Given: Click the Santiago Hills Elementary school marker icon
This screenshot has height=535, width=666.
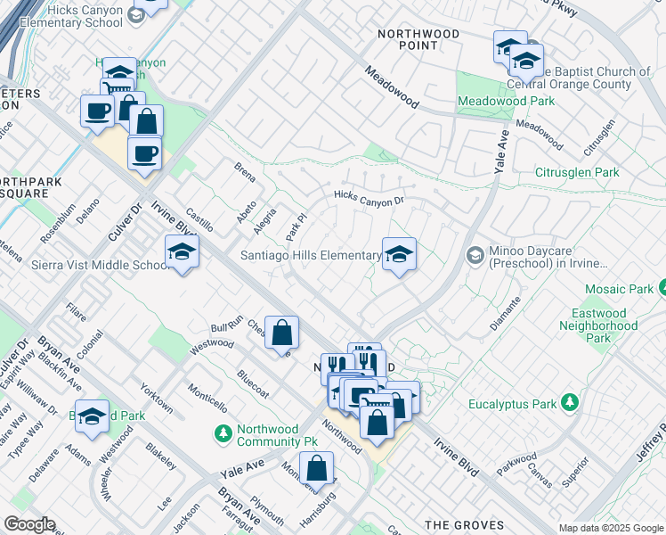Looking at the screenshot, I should click(x=399, y=254).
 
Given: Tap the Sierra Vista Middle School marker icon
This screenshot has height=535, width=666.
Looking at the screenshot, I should click(x=181, y=253).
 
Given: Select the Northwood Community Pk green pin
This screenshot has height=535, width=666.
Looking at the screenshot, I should click(x=223, y=434).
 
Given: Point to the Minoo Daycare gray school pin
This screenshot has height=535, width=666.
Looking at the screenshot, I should click(x=475, y=256).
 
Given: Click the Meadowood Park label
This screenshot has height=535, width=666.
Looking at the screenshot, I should click(x=505, y=101).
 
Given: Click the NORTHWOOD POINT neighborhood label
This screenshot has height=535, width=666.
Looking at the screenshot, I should click(x=418, y=39).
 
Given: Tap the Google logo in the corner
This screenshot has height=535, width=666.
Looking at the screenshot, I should click(x=29, y=524).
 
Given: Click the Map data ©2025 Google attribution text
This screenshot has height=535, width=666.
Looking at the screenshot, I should click(x=610, y=528).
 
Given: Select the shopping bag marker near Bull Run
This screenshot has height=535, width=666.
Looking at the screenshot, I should click(x=281, y=333).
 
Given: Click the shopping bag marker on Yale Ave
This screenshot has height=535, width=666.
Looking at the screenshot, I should click(x=316, y=467).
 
